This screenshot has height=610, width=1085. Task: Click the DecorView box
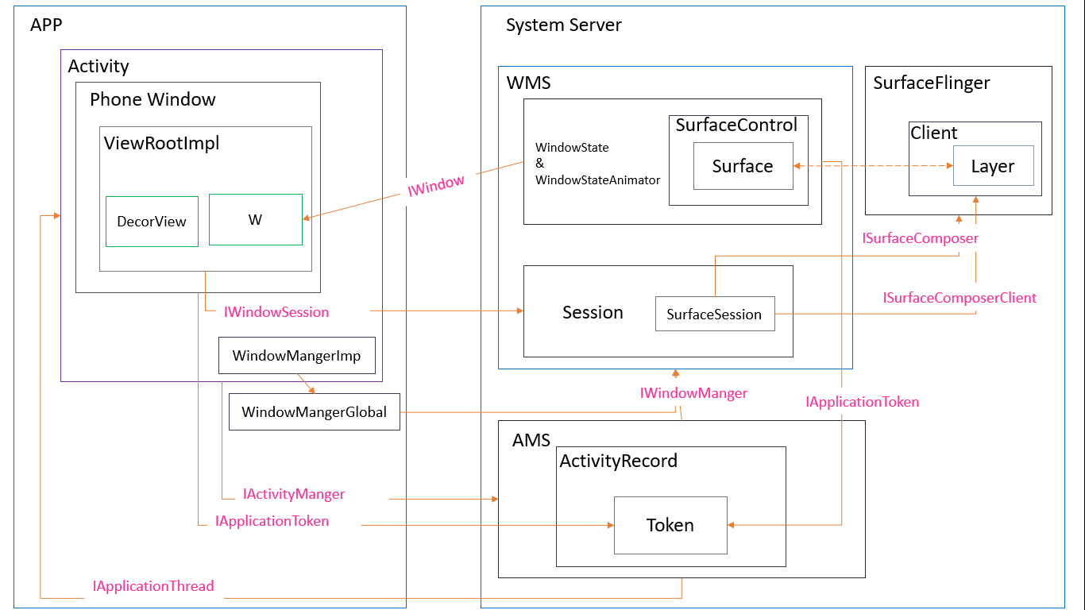[152, 222]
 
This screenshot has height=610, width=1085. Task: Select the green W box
[255, 220]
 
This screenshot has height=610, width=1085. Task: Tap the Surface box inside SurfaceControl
[743, 166]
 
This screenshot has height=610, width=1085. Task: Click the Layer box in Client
[993, 166]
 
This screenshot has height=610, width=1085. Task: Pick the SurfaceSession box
[714, 315]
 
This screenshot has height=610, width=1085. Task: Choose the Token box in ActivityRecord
[670, 525]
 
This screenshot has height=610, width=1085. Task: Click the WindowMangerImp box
[296, 356]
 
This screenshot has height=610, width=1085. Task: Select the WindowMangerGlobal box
[314, 412]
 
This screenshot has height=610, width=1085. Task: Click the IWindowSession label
[276, 312]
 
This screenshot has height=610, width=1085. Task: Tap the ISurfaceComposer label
[921, 238]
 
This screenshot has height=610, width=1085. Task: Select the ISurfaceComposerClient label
[960, 298]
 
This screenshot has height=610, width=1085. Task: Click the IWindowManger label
[693, 393]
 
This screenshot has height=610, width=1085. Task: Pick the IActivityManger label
[294, 494]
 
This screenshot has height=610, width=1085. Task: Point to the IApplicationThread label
[153, 586]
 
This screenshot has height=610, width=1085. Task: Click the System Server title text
[563, 25]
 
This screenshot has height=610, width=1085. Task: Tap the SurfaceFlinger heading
[931, 83]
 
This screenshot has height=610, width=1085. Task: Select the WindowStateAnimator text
[597, 180]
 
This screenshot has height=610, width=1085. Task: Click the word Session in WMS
[593, 312]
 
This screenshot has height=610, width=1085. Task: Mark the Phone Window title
[153, 99]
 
